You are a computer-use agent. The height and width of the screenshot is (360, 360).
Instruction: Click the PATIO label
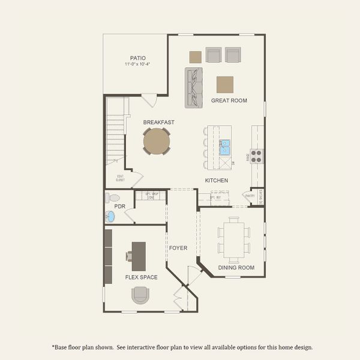pyautogui.click(x=137, y=58)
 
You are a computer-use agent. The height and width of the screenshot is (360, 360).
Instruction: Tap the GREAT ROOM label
pyautogui.click(x=229, y=100)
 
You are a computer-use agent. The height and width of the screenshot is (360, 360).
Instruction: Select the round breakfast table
pyautogui.click(x=156, y=142)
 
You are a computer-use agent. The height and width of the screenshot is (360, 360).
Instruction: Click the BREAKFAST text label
pyautogui.click(x=158, y=122)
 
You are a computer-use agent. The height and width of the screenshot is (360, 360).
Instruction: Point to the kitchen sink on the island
pyautogui.click(x=225, y=147)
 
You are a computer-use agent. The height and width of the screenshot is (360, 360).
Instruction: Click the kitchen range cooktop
pyautogui.click(x=256, y=156)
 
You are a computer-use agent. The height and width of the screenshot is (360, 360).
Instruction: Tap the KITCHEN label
pyautogui.click(x=217, y=181)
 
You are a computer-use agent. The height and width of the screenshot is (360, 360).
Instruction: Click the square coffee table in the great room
pyautogui.click(x=225, y=84)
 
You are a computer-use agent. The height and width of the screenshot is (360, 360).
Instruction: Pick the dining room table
pyautogui.click(x=233, y=238)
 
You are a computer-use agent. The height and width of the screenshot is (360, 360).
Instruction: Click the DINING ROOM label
pyautogui.click(x=236, y=268)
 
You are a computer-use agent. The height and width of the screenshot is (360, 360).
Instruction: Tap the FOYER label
pyautogui.click(x=178, y=247)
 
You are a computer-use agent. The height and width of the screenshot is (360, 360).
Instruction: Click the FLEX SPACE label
pyautogui.click(x=141, y=277)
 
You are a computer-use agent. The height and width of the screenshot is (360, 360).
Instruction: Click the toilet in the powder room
pyautogui.click(x=112, y=197)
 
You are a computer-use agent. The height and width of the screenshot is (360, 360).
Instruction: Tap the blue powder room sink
pyautogui.click(x=110, y=217)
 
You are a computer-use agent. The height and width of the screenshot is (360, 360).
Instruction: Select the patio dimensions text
pyautogui.click(x=137, y=64)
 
